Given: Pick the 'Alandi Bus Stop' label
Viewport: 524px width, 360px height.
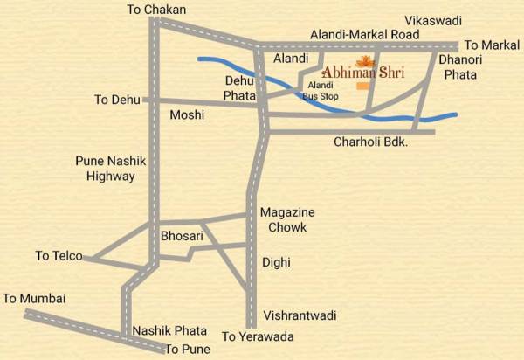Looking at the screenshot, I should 321,90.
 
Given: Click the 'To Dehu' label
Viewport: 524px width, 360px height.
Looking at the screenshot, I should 117,100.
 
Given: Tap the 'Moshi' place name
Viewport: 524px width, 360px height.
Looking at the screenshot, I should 187,115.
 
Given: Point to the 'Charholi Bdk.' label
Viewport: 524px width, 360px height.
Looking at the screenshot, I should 371,141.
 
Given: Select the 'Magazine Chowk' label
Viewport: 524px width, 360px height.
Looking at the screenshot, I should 287,219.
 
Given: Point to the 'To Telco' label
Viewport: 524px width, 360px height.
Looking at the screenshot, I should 59,256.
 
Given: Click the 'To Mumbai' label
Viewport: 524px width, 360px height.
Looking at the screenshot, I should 34,298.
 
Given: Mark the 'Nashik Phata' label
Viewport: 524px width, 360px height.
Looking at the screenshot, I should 169,330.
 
